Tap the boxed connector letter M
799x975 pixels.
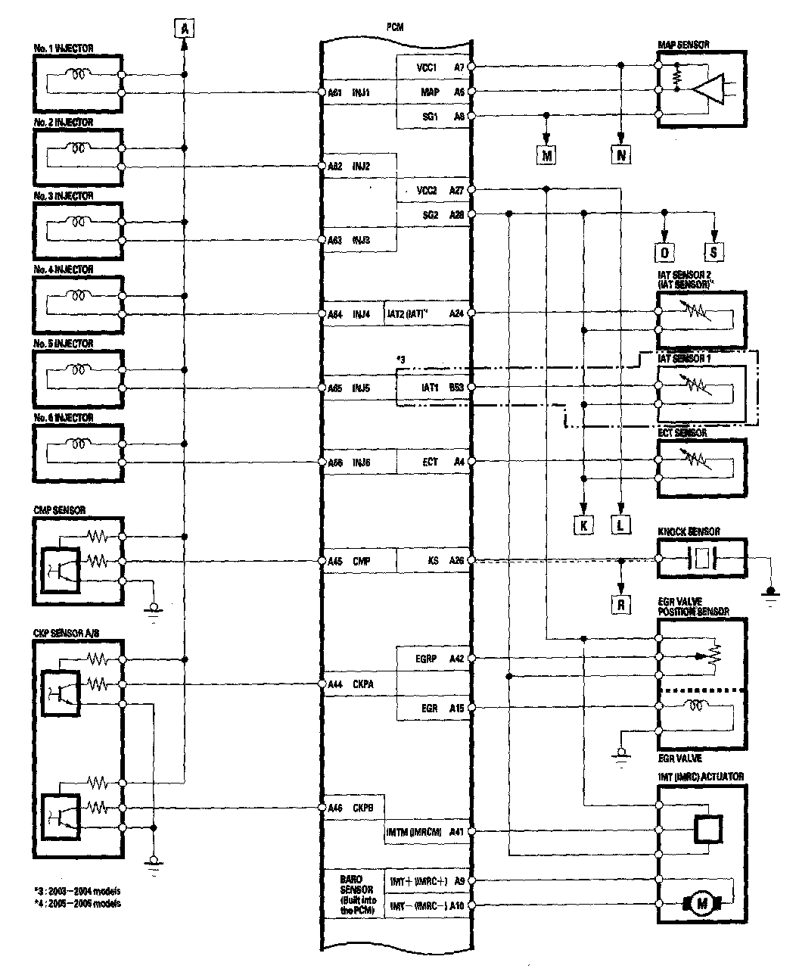pos(546,156)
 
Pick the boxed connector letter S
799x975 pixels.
pos(714,252)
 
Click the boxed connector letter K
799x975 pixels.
pos(584,525)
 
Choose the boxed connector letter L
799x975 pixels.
pos(620,525)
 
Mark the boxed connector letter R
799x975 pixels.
pos(620,604)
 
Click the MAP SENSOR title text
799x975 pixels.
pos(684,45)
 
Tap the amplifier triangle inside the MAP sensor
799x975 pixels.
pos(707,89)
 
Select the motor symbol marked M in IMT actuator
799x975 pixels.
pos(701,902)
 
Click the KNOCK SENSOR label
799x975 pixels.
pos(689,532)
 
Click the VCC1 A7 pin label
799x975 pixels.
pos(440,67)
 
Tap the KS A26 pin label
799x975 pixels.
pos(446,561)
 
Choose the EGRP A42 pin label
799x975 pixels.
pos(440,659)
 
